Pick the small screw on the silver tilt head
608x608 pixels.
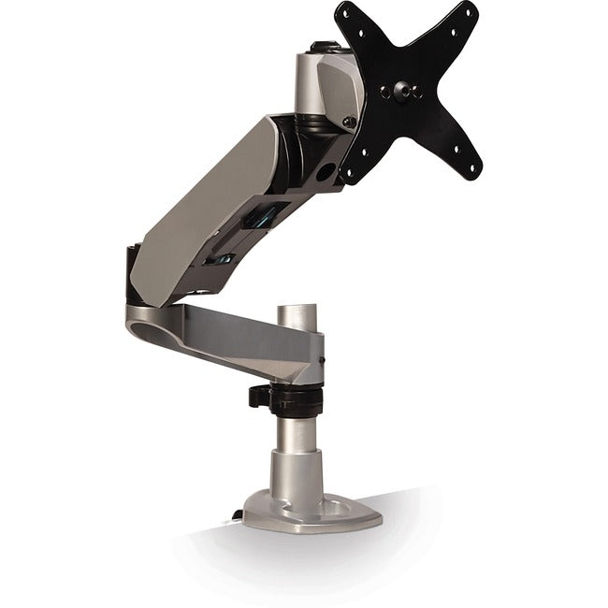coord(350,120)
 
